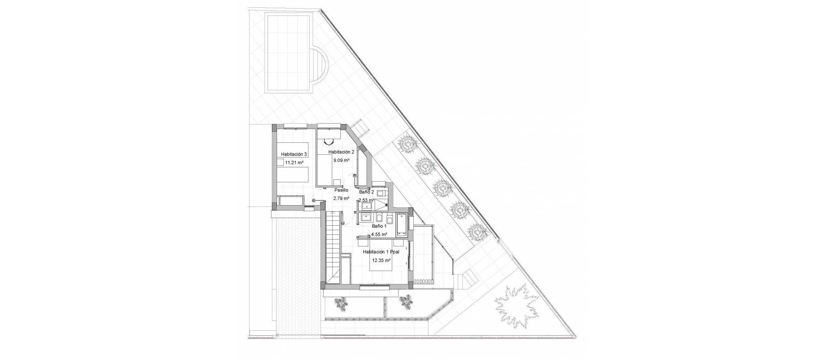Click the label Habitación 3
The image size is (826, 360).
294,154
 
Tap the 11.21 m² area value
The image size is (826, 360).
295,163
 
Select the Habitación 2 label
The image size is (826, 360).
341,152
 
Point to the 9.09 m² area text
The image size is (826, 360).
341,160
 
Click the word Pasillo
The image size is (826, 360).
341,190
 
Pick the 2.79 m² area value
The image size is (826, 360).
341,198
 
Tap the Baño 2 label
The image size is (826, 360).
367,192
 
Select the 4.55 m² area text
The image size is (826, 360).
379,234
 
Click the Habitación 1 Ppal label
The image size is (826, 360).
382,252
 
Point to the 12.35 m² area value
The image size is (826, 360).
382,260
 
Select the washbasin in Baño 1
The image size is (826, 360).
367,217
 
